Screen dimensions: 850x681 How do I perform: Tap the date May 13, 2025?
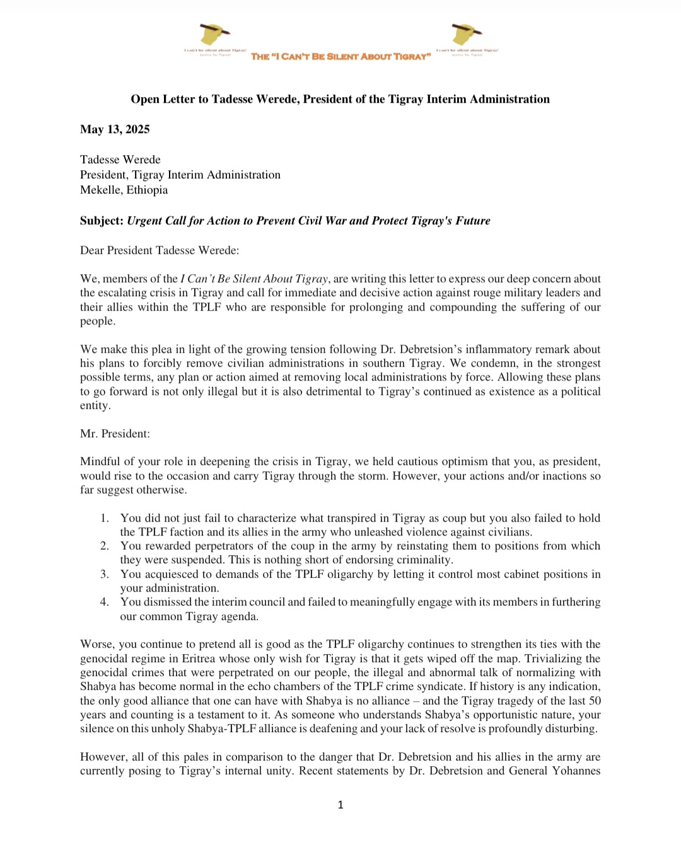click(115, 129)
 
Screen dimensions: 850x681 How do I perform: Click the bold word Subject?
click(101, 221)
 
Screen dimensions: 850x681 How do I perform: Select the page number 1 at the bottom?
click(340, 805)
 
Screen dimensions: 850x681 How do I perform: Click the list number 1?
click(104, 518)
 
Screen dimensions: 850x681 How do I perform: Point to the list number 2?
click(104, 546)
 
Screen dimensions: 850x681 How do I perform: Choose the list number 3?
click(104, 574)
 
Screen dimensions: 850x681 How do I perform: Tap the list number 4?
click(104, 602)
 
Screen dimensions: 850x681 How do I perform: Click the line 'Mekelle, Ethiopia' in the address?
click(124, 190)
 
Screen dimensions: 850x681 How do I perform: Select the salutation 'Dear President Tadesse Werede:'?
click(160, 250)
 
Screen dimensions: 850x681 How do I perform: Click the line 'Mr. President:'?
click(115, 434)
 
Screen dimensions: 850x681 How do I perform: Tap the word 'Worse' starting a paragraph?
click(95, 644)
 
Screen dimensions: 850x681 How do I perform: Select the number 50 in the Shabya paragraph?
click(595, 701)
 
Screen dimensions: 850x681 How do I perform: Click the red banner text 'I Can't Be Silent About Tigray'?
click(341, 57)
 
